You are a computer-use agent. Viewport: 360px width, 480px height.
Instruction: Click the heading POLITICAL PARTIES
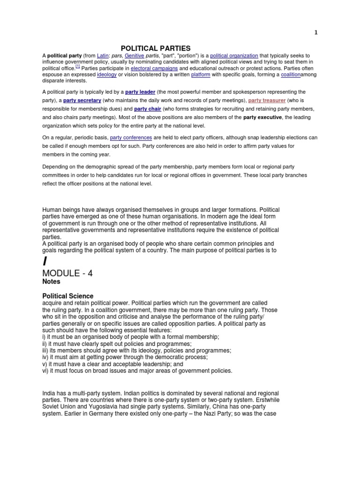[156, 48]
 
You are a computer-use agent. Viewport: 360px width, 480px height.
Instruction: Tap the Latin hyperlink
[103, 55]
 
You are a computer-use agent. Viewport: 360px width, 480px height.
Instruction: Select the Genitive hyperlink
[134, 55]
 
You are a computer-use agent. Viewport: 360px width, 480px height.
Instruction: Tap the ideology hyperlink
[106, 75]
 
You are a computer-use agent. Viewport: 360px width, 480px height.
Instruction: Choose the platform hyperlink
[200, 75]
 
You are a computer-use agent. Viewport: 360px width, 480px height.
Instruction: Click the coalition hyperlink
[291, 75]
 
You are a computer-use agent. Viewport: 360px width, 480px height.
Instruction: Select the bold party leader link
[140, 92]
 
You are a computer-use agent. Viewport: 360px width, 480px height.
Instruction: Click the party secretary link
[82, 101]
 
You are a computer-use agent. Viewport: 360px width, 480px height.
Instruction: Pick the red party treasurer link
[266, 101]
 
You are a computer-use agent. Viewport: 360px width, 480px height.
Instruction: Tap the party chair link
[148, 109]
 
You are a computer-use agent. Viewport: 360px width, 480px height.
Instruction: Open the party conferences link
[131, 138]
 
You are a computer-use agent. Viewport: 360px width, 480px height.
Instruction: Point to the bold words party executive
[262, 118]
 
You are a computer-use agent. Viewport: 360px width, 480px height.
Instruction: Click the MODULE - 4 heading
[67, 273]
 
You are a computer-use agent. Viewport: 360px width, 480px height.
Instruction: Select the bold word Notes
[51, 282]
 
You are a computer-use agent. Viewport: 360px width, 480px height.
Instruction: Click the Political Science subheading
[68, 296]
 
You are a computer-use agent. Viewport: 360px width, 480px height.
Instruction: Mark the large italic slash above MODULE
[45, 261]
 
